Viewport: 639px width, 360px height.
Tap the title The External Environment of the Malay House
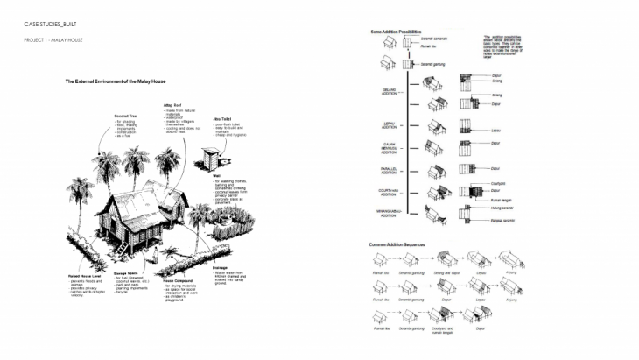[116, 81]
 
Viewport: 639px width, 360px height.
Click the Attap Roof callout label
[172, 103]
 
